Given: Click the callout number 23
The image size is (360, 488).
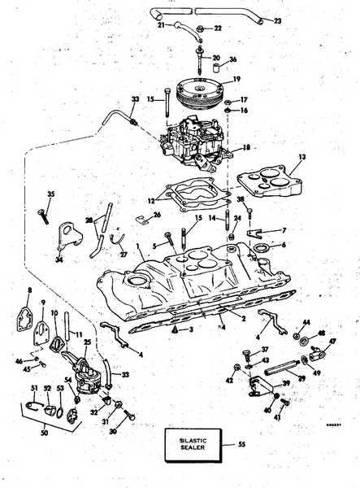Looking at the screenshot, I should pos(278,20).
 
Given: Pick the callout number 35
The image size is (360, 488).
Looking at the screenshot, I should pos(50,194).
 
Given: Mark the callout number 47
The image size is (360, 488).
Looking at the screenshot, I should pos(332,342).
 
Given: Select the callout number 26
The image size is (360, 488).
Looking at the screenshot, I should pos(157,215).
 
